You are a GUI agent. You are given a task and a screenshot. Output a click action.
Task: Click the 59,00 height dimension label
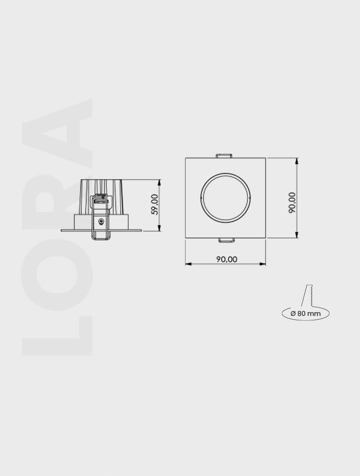click(155, 205)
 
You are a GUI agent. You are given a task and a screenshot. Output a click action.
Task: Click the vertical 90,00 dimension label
click(292, 202)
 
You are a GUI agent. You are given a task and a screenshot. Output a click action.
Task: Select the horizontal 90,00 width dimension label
click(226, 259)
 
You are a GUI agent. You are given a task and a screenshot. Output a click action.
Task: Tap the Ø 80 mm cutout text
click(306, 313)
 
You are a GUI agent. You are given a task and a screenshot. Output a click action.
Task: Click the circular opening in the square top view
click(225, 197)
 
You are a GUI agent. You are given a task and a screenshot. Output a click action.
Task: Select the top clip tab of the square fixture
click(224, 156)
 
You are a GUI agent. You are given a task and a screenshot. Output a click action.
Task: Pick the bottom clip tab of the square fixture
click(226, 240)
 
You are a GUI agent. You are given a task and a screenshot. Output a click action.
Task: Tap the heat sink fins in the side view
click(102, 187)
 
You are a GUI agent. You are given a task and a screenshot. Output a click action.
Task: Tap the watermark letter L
click(57, 336)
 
